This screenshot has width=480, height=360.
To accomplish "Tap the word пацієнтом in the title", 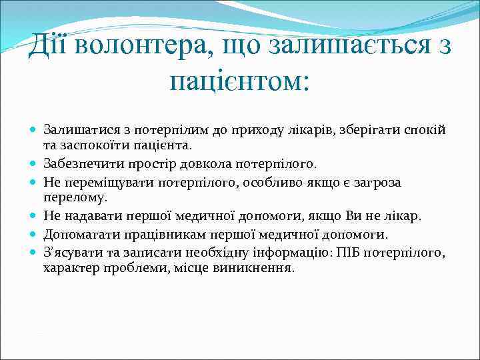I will [240, 83].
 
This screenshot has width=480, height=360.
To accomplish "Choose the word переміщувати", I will [95, 181].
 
